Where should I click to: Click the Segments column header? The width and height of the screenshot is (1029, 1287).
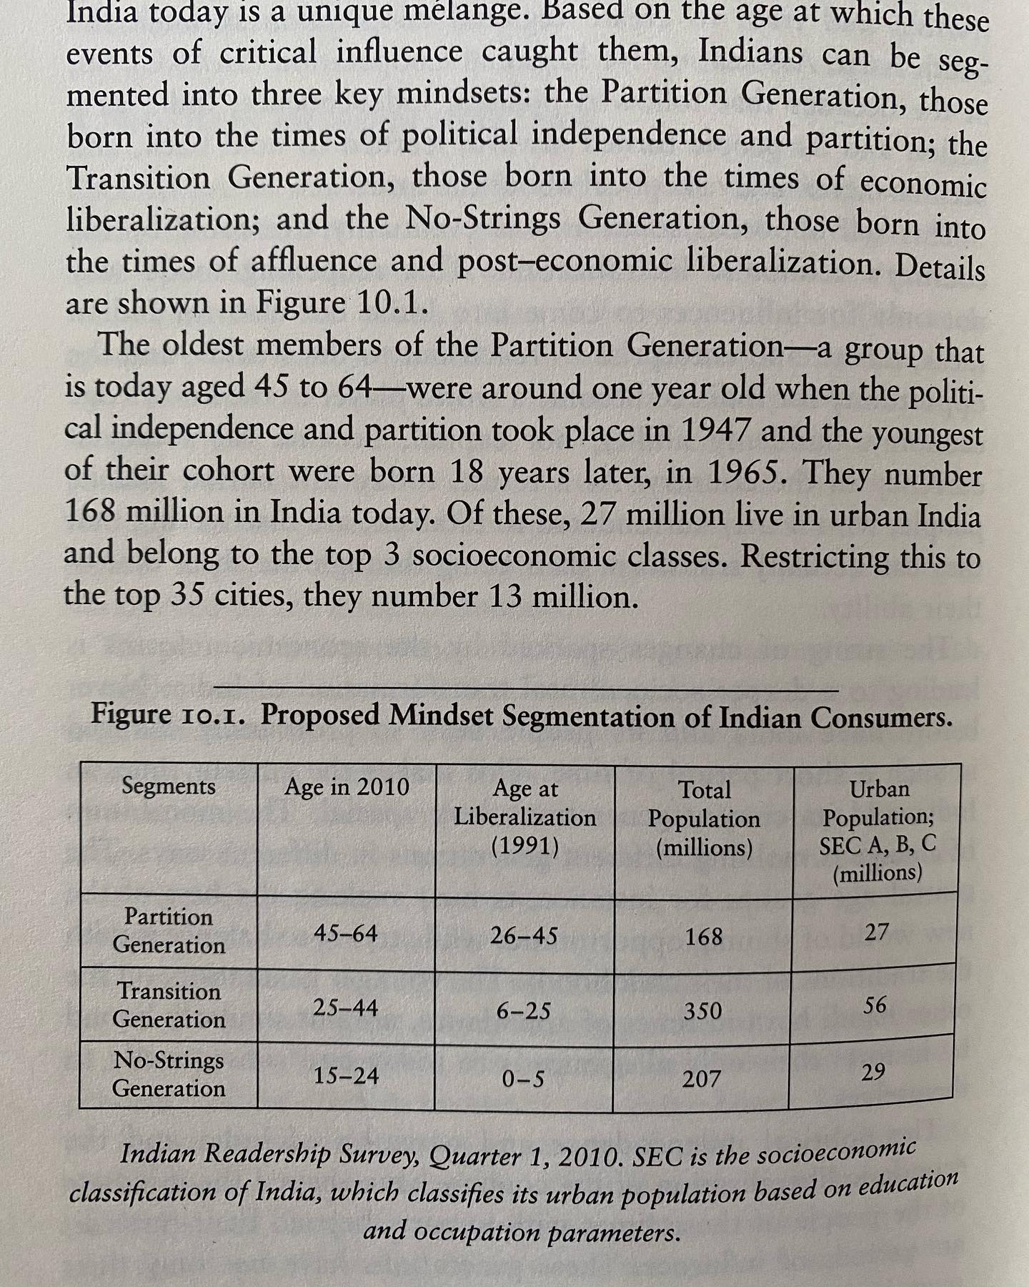click(x=168, y=786)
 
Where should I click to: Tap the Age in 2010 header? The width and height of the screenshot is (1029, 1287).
click(x=347, y=787)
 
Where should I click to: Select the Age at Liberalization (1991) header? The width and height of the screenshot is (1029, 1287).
click(x=525, y=817)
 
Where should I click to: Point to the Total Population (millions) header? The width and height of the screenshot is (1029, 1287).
click(x=704, y=819)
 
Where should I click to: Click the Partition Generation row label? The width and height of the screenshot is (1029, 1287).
click(x=169, y=930)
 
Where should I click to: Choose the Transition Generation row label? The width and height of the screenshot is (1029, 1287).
click(x=169, y=1005)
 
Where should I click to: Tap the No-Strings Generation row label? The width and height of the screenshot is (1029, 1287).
click(x=169, y=1074)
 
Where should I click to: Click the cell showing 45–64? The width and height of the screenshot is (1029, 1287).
click(x=346, y=933)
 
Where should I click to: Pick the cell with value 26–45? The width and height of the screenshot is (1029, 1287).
click(x=524, y=935)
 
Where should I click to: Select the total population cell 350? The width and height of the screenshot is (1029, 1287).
click(x=702, y=1011)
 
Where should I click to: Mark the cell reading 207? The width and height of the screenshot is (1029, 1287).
click(x=701, y=1078)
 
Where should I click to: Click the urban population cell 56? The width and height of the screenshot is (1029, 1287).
click(x=875, y=1005)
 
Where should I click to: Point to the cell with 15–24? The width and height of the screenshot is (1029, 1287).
click(x=346, y=1075)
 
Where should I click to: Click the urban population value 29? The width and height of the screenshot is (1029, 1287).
click(x=873, y=1072)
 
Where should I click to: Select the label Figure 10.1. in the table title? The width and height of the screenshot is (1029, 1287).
click(x=169, y=714)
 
